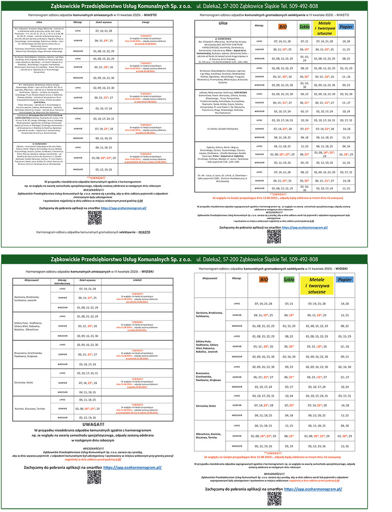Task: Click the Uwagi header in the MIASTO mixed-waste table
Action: click(x=145, y=22)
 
